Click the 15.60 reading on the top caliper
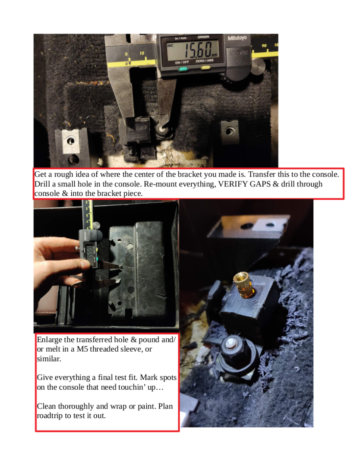point(198,50)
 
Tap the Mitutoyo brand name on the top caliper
point(237,38)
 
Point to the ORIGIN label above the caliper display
point(203,37)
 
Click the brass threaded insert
point(244,285)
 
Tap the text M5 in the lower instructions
point(82,349)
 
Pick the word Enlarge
point(49,340)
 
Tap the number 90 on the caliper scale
point(264,45)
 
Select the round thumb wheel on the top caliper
point(257,66)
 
